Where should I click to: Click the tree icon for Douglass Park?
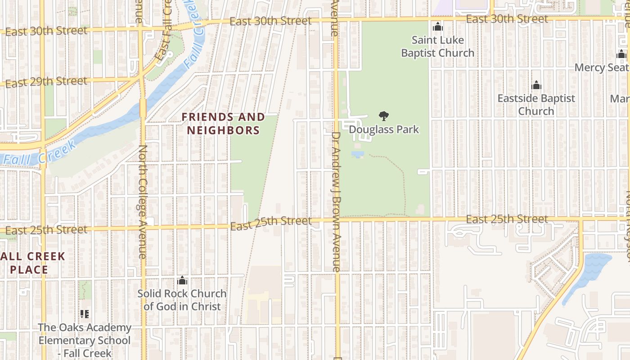(x=384, y=117)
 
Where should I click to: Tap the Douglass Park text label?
(x=384, y=130)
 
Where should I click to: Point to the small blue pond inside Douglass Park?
(x=358, y=154)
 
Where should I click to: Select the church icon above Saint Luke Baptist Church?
(x=437, y=27)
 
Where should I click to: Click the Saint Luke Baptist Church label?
(x=437, y=47)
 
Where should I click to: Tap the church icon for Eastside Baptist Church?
(x=536, y=85)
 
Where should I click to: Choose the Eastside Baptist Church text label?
(x=536, y=104)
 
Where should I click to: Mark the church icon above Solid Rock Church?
(x=182, y=280)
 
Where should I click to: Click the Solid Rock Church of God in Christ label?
(x=182, y=300)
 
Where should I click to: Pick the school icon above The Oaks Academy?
(x=84, y=314)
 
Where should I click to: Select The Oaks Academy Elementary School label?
(x=85, y=340)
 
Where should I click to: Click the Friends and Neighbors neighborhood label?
(x=223, y=124)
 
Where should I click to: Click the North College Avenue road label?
(x=143, y=201)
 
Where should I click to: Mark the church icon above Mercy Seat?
(x=621, y=55)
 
